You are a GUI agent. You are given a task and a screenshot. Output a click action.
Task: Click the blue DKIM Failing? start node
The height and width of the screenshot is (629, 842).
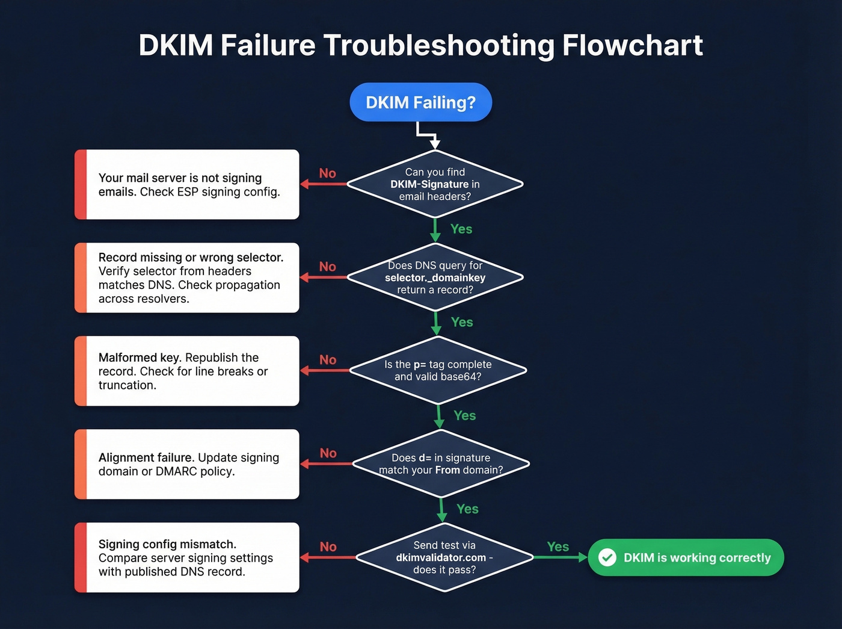pyautogui.click(x=420, y=102)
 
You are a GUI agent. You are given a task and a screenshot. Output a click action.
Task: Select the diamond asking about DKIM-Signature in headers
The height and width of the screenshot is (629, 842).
pyautogui.click(x=435, y=184)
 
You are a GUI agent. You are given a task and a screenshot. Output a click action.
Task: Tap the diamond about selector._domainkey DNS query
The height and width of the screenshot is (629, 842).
pyautogui.click(x=435, y=277)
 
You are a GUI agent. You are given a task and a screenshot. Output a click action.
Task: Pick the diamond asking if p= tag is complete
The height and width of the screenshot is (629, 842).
pyautogui.click(x=438, y=370)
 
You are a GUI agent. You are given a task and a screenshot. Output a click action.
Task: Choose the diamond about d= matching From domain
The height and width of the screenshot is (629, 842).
pyautogui.click(x=441, y=463)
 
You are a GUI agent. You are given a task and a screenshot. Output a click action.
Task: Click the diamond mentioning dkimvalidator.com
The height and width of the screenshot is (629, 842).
pyautogui.click(x=444, y=557)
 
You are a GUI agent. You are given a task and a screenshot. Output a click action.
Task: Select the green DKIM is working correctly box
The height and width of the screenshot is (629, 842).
pyautogui.click(x=686, y=557)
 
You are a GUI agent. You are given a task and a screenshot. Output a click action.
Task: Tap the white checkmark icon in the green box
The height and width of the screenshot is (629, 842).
pyautogui.click(x=607, y=557)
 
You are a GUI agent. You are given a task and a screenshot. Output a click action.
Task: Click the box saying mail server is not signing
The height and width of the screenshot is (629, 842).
pyautogui.click(x=187, y=184)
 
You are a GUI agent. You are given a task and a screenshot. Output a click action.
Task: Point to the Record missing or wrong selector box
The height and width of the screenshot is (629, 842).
pyautogui.click(x=187, y=277)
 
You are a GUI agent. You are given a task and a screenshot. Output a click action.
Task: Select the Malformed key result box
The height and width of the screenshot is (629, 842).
pyautogui.click(x=187, y=371)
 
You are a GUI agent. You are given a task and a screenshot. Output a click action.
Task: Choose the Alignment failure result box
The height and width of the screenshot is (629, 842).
pyautogui.click(x=187, y=464)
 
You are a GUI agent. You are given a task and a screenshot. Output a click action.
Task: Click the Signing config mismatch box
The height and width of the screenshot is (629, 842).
pyautogui.click(x=187, y=557)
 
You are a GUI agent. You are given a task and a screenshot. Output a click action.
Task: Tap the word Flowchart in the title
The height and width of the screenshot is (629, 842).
pyautogui.click(x=632, y=45)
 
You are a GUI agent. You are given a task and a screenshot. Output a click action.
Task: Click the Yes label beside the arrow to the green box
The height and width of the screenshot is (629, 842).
pyautogui.click(x=558, y=547)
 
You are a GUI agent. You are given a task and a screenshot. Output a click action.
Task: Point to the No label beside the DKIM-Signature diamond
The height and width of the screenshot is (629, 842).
pyautogui.click(x=327, y=173)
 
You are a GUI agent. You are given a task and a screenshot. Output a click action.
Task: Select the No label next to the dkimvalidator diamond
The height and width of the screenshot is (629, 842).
pyautogui.click(x=328, y=547)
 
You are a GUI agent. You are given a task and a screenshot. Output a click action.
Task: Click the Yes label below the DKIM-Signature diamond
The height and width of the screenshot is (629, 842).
pyautogui.click(x=461, y=229)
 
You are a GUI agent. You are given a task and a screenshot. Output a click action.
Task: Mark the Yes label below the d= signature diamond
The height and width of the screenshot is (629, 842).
pyautogui.click(x=467, y=509)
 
